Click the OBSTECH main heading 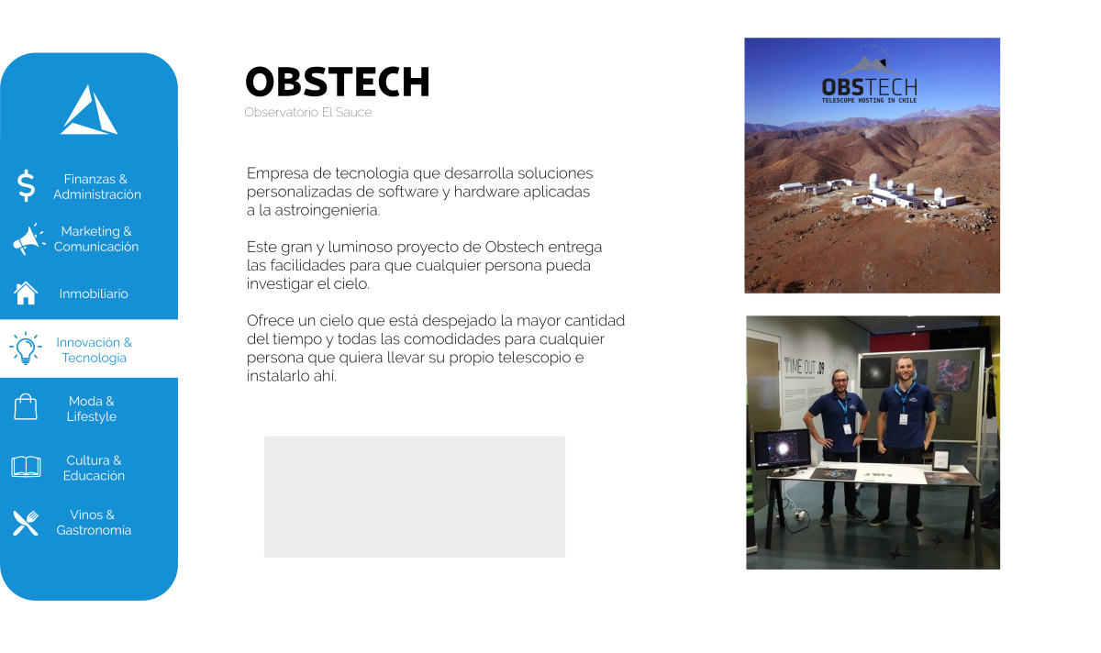338,82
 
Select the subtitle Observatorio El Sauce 307,113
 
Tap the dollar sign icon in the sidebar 26,186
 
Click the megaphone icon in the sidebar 28,239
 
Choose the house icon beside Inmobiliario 26,293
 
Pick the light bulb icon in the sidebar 25,349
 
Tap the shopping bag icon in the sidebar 26,407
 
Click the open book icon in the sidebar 26,467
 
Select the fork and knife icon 26,523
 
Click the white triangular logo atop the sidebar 89,111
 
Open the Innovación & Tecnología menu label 95,349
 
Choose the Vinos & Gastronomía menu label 94,523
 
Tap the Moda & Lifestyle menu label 92,409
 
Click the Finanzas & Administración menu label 96,186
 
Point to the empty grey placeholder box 415,496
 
